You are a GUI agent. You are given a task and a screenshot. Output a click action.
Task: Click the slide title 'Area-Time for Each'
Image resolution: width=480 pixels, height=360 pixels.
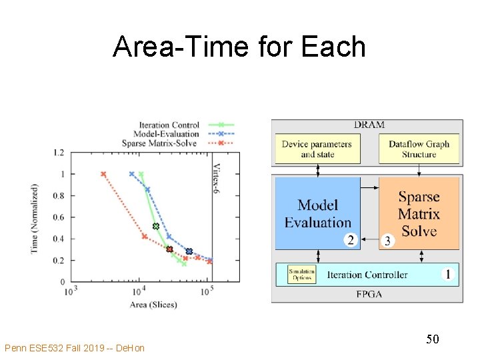[239, 47]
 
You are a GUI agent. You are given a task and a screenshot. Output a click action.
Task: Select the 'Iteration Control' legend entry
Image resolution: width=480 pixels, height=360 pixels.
[169, 125]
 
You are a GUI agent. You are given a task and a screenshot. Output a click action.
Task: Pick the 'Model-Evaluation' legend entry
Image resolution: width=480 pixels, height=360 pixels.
[169, 133]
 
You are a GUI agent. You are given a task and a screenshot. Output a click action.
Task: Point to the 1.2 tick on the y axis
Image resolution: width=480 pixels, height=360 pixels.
[59, 153]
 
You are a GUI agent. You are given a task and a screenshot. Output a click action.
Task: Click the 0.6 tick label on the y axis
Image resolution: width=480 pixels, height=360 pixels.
[59, 217]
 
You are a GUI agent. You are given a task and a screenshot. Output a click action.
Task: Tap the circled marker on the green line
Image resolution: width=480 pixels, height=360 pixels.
[156, 227]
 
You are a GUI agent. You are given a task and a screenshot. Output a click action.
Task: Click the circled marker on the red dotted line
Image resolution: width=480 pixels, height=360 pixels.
[169, 249]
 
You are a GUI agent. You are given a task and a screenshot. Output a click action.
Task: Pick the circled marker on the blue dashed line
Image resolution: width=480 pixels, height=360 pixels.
[189, 251]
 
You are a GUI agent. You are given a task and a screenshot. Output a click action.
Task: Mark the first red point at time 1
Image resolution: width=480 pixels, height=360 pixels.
[103, 174]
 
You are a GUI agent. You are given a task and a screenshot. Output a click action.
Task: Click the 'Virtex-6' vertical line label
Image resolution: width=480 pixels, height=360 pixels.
[217, 177]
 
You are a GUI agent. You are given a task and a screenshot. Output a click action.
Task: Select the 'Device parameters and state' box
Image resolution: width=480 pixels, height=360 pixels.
[316, 149]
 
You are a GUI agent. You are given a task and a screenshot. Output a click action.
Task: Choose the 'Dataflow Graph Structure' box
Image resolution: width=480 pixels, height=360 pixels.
[419, 149]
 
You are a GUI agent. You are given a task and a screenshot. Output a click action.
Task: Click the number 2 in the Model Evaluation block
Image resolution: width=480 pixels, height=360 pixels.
[351, 240]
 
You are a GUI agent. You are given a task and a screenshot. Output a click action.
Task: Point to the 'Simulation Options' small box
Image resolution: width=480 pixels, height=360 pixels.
[301, 275]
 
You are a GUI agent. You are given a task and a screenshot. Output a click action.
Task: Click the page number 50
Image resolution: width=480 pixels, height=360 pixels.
[433, 340]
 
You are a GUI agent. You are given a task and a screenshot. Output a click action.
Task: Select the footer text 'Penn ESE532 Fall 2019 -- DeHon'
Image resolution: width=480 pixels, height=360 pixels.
[74, 348]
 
